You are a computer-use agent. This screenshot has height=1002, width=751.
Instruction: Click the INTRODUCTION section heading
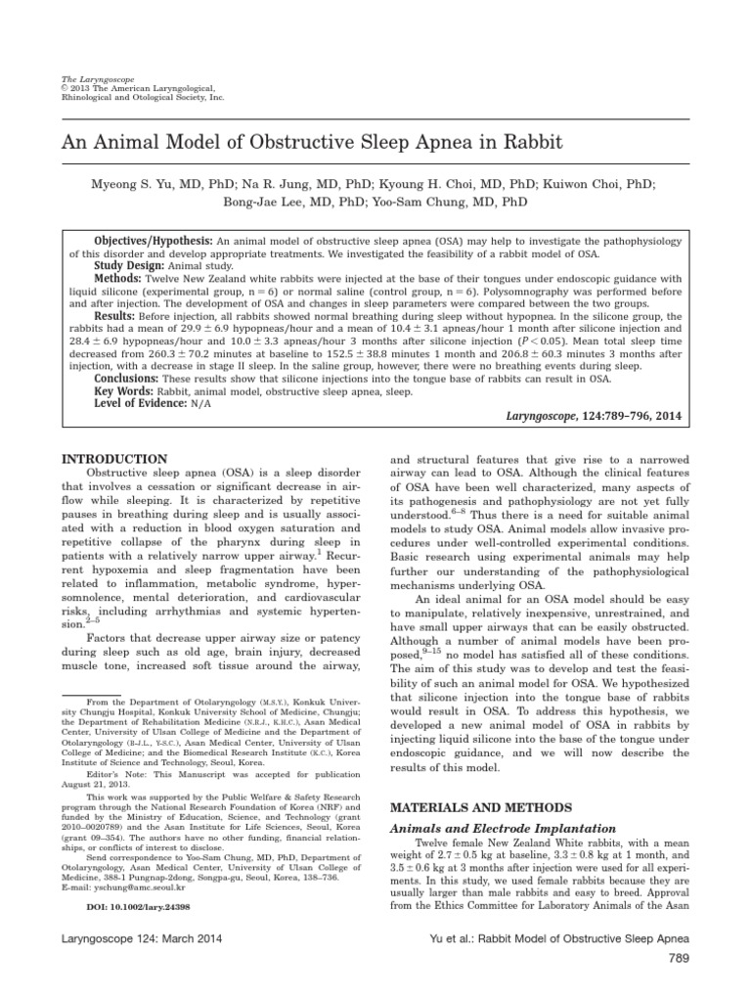[113, 459]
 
